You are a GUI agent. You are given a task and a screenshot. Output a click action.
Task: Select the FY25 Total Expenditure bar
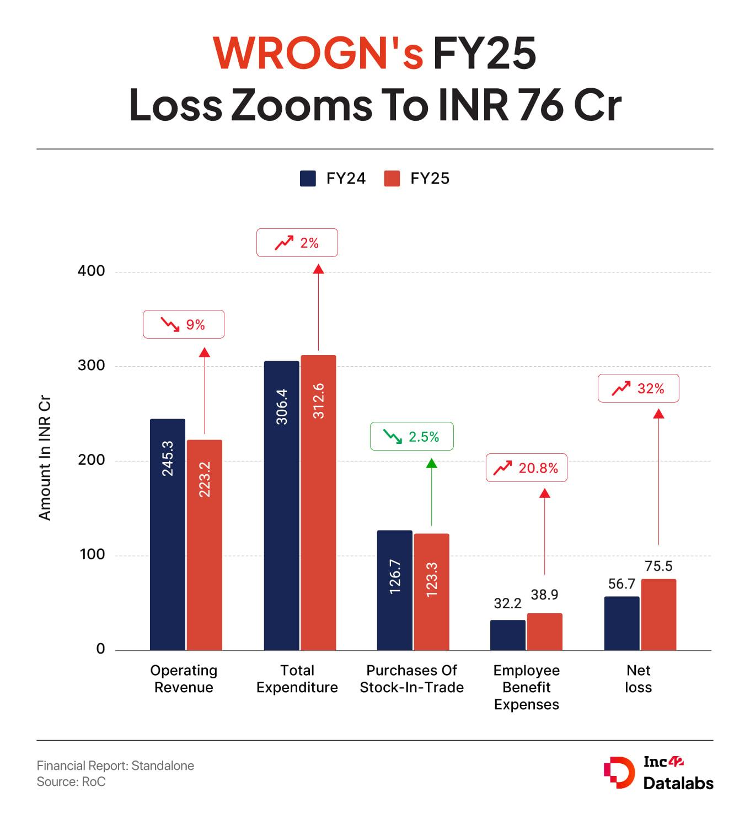pyautogui.click(x=318, y=502)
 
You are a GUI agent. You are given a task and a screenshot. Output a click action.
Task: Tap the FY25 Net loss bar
pyautogui.click(x=658, y=614)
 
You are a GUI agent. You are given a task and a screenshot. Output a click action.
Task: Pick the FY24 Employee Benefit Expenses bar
pyautogui.click(x=507, y=635)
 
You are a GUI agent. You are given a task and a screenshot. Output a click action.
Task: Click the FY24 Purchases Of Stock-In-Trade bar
pyautogui.click(x=395, y=590)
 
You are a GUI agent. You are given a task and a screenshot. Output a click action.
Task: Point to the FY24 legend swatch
pyautogui.click(x=308, y=179)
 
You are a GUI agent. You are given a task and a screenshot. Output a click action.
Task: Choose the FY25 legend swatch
pyautogui.click(x=392, y=179)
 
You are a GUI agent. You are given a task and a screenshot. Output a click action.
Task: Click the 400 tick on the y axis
pyautogui.click(x=92, y=271)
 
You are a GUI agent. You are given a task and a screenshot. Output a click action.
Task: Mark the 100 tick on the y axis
pyautogui.click(x=92, y=554)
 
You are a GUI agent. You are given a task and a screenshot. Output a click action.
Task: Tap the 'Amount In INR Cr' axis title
pyautogui.click(x=45, y=458)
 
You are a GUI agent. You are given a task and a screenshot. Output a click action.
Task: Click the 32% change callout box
pyautogui.click(x=638, y=389)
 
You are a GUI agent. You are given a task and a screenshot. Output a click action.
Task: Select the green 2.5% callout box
pyautogui.click(x=411, y=437)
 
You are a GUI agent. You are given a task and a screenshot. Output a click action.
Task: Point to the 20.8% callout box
pyautogui.click(x=526, y=468)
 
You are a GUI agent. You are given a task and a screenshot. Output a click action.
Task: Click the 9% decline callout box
pyautogui.click(x=184, y=324)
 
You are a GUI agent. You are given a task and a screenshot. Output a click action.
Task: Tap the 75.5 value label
pyautogui.click(x=658, y=566)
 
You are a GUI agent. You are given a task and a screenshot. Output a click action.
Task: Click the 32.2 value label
pyautogui.click(x=507, y=603)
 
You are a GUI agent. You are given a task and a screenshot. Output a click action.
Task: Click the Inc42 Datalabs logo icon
pyautogui.click(x=619, y=773)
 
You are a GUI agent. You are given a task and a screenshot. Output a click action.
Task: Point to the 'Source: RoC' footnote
pyautogui.click(x=71, y=781)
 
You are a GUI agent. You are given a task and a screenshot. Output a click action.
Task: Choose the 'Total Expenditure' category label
pyautogui.click(x=297, y=679)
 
